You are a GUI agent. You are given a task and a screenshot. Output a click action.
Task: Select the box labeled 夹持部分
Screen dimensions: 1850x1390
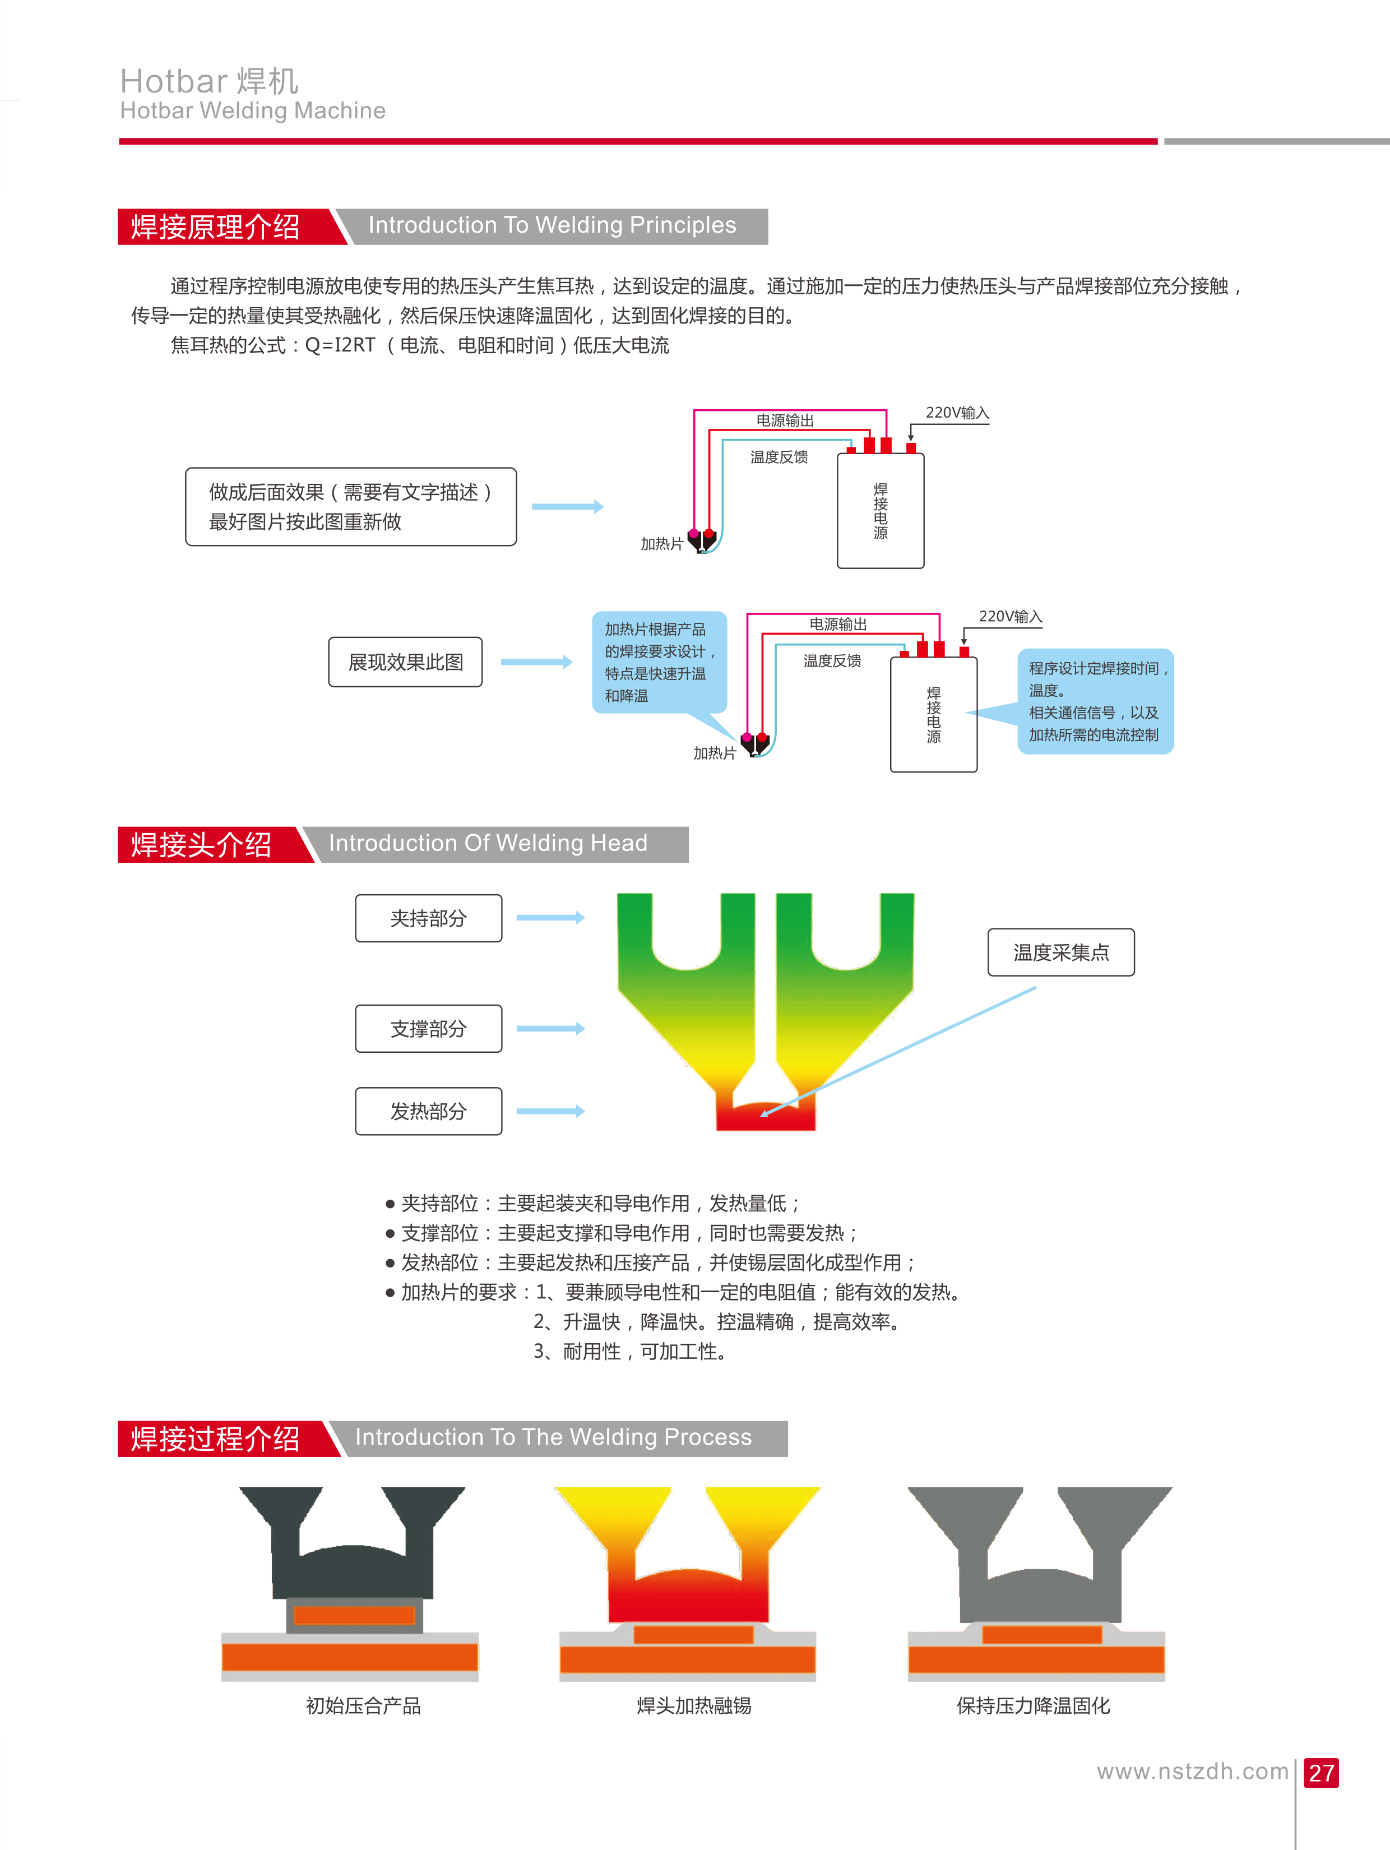pyautogui.click(x=428, y=918)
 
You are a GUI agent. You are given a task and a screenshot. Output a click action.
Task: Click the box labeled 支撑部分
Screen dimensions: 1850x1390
pyautogui.click(x=428, y=1029)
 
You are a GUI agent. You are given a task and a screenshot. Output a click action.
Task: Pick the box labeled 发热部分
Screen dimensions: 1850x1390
pyautogui.click(x=428, y=1111)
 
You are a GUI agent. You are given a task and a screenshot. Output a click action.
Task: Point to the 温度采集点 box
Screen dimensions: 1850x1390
pyautogui.click(x=1060, y=952)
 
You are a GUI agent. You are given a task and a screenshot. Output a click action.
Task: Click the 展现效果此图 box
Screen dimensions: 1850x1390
pyautogui.click(x=406, y=663)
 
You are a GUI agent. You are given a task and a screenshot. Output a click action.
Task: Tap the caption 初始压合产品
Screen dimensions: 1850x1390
pyautogui.click(x=363, y=1706)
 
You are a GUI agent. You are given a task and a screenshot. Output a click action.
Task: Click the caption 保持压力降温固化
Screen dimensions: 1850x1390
pyautogui.click(x=1033, y=1706)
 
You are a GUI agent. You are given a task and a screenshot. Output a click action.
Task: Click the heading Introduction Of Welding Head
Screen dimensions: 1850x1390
pyautogui.click(x=488, y=843)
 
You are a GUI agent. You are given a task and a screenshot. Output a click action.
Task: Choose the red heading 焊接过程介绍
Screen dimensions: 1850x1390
pyautogui.click(x=216, y=1439)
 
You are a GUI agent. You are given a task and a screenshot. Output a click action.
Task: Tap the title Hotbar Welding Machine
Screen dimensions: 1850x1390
pyautogui.click(x=253, y=110)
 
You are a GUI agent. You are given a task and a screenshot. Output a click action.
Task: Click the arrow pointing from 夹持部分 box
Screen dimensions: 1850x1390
pyautogui.click(x=550, y=918)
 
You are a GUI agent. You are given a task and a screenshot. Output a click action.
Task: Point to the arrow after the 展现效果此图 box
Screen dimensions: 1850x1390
pyautogui.click(x=536, y=663)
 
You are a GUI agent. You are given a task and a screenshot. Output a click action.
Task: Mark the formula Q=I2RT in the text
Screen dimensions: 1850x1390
pyautogui.click(x=340, y=345)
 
